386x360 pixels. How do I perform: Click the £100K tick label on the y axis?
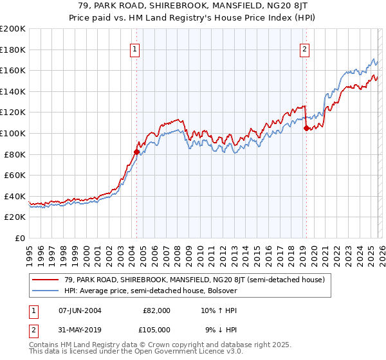[x=13, y=133]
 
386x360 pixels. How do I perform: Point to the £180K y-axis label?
[x=13, y=50]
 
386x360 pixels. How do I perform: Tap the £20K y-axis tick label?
[x=15, y=217]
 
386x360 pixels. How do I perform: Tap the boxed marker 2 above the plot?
[x=304, y=49]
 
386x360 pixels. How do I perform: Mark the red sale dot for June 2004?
[x=136, y=152]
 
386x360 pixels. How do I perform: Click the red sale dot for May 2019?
[x=306, y=128]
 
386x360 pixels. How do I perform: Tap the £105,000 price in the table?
[x=156, y=330]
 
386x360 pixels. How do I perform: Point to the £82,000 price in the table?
[x=156, y=310]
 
